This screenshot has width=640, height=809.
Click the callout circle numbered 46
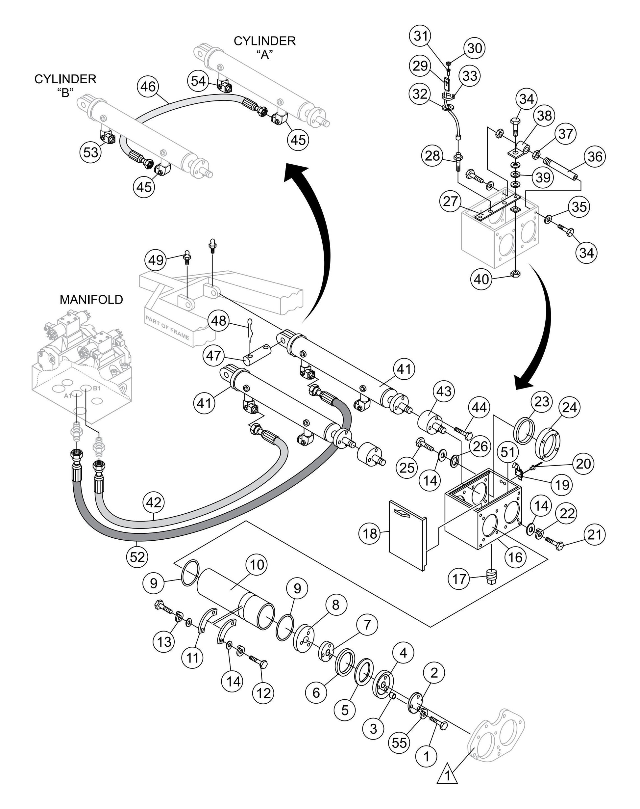(148, 87)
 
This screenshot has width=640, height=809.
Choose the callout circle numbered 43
(444, 391)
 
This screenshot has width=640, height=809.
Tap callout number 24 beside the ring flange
(569, 407)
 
